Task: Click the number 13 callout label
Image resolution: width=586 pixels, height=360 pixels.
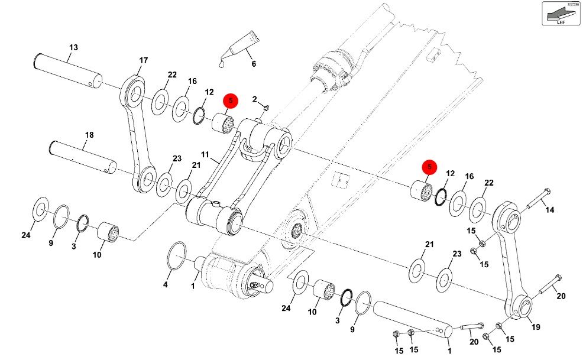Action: [x=73, y=47]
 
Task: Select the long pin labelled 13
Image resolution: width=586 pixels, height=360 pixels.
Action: [x=67, y=70]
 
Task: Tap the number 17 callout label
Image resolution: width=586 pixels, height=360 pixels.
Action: [x=143, y=60]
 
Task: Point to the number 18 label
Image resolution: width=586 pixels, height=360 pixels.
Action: [x=89, y=135]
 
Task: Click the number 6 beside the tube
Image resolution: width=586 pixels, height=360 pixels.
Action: [x=254, y=64]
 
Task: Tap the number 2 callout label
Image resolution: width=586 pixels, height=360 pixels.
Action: [x=254, y=98]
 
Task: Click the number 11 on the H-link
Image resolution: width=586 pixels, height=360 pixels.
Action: [x=205, y=155]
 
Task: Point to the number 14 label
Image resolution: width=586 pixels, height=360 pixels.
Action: [x=550, y=210]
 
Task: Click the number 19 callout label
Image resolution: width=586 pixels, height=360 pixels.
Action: [x=536, y=327]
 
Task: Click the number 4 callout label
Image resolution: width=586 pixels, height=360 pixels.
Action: [x=166, y=284]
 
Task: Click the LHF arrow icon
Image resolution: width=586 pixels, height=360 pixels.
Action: [x=561, y=14]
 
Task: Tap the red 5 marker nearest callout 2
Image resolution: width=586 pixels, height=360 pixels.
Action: [x=230, y=101]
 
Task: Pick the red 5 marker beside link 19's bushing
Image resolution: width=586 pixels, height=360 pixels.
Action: [x=429, y=168]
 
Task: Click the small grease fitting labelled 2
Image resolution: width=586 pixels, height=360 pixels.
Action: [x=266, y=108]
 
